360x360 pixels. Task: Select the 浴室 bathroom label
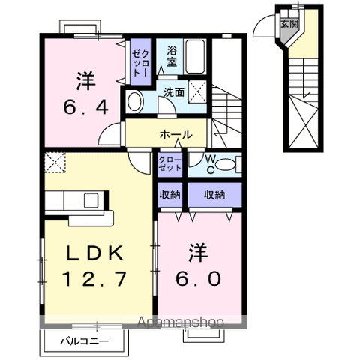pyautogui.click(x=172, y=58)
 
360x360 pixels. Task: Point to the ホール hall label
pyautogui.click(x=176, y=135)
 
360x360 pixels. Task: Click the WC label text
pyautogui.click(x=212, y=163)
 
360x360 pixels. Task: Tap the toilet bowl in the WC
pyautogui.click(x=230, y=163)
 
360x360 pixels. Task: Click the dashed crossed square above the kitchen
pyautogui.click(x=55, y=162)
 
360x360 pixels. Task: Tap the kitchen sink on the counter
pyautogui.click(x=91, y=201)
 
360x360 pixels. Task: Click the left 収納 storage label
pyautogui.click(x=169, y=195)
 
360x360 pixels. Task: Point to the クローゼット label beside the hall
pyautogui.click(x=169, y=163)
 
